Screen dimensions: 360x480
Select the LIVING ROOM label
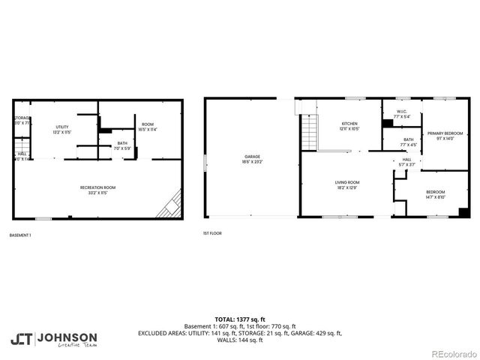pos(347,184)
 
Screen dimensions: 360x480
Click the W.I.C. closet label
pos(402,115)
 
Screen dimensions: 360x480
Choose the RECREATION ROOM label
pos(98,189)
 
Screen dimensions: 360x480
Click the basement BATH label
pos(121,145)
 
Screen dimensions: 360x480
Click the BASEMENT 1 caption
pos(20,235)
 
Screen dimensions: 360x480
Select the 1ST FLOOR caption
pos(212,233)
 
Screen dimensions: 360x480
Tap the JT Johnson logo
pos(53,339)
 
